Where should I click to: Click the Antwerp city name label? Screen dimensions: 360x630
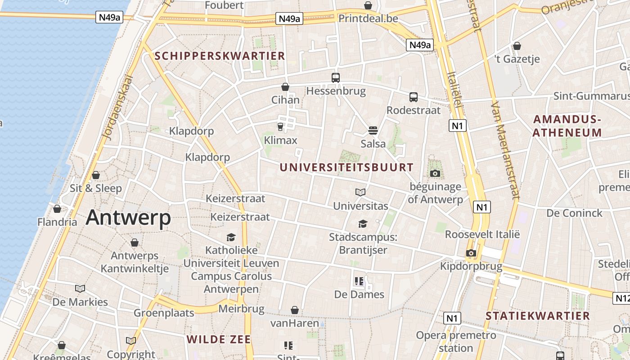[128, 218]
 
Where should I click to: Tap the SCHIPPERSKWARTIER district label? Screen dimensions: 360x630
[220, 56]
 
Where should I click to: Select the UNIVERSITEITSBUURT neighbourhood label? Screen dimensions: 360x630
[346, 167]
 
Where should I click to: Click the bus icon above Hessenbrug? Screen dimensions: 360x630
[336, 77]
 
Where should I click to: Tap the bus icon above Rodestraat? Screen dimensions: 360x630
[414, 97]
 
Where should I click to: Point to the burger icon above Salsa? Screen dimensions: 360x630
[373, 130]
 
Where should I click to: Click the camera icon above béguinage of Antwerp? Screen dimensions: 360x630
[435, 174]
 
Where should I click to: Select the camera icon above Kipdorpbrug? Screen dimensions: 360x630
[471, 253]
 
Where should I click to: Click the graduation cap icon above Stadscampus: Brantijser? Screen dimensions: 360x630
[363, 224]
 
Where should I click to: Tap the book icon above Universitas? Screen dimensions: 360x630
[360, 193]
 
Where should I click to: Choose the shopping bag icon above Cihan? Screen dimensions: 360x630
[285, 87]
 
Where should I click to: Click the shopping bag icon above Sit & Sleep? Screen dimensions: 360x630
[96, 175]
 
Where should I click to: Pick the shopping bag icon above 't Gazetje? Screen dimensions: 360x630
[517, 46]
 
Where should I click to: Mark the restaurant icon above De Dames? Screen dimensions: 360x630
[359, 282]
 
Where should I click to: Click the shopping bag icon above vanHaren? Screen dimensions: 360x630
[295, 310]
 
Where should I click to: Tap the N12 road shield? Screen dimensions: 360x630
[622, 298]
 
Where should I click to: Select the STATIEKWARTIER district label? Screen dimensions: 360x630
[537, 316]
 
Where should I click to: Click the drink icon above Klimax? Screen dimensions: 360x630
[280, 127]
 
